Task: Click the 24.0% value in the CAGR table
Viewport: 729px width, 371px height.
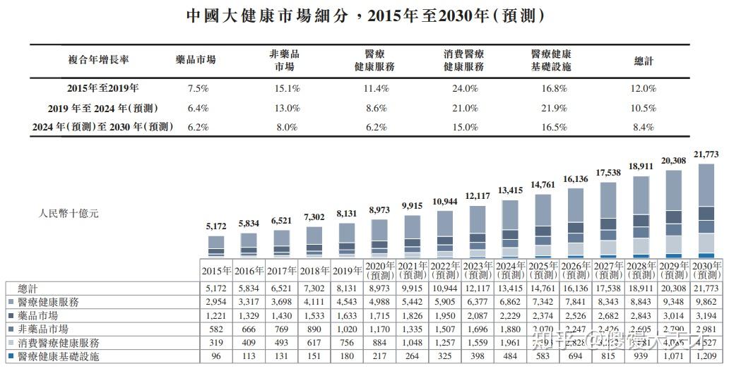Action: (466, 89)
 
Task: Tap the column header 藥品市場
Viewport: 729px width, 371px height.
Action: (196, 61)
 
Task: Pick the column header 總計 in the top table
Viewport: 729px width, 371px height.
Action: (643, 61)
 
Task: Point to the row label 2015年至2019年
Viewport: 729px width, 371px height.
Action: (103, 89)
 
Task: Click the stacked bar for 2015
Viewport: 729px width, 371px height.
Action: (216, 245)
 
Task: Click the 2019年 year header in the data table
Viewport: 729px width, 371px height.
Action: (346, 270)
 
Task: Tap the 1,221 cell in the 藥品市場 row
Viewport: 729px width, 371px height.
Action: (216, 315)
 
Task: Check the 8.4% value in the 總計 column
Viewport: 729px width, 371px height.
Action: (643, 128)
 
